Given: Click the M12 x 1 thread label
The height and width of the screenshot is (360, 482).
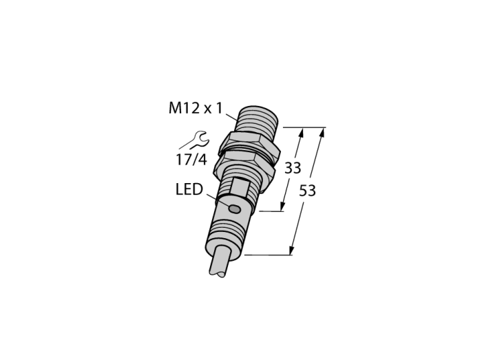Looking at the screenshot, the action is [x=195, y=108].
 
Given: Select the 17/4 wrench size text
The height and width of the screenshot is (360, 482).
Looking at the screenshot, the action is [x=191, y=160].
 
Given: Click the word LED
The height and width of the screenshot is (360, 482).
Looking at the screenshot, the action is [x=189, y=189].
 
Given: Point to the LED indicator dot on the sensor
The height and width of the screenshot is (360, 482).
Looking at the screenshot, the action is [x=235, y=209].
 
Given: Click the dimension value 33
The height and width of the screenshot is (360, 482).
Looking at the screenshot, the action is [x=293, y=168].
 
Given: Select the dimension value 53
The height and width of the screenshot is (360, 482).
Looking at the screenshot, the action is [x=307, y=191].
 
